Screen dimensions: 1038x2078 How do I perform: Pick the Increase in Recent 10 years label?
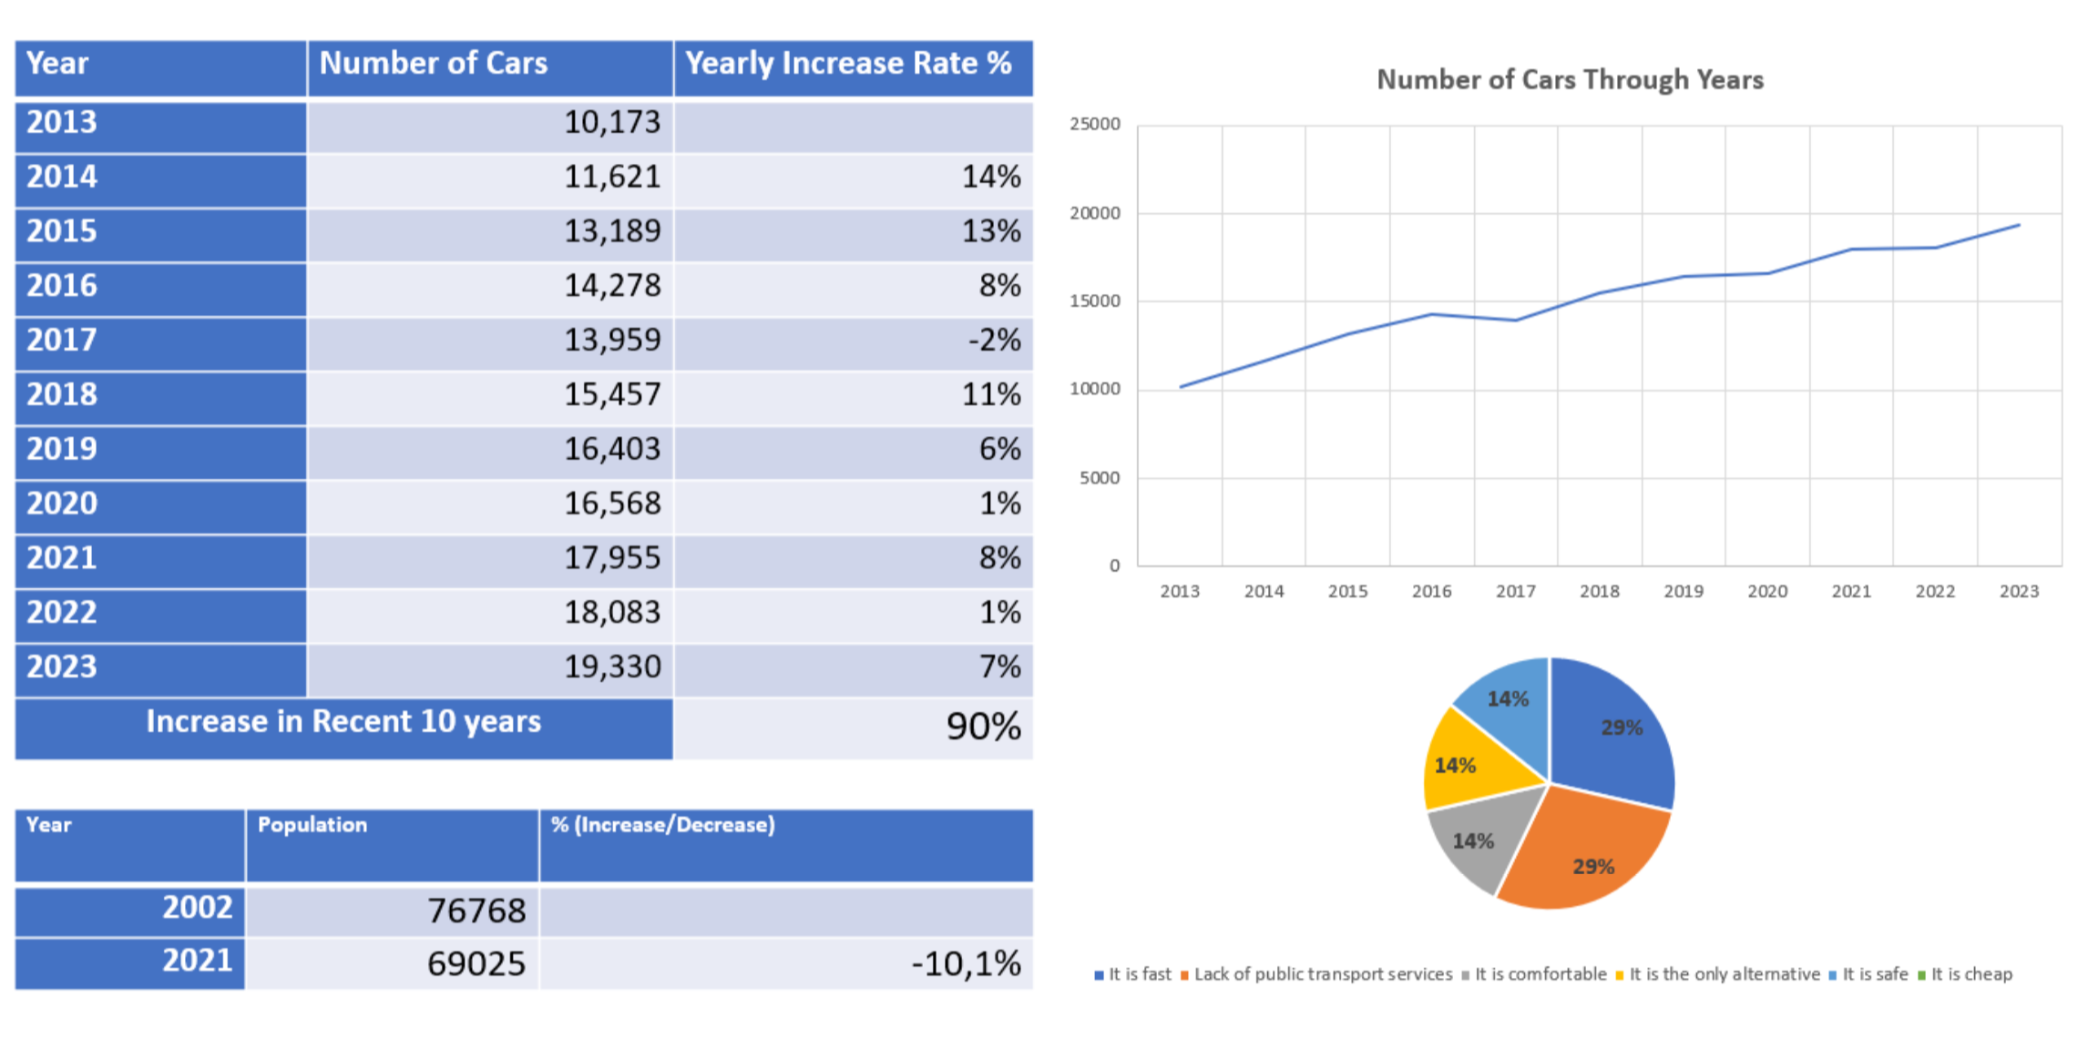click(x=343, y=722)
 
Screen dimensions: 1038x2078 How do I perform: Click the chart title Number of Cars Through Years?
click(x=1570, y=80)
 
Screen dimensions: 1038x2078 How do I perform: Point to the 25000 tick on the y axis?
click(x=1095, y=125)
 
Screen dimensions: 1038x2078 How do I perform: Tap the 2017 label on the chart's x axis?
click(x=1515, y=592)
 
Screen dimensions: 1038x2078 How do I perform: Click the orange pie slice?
click(x=1590, y=856)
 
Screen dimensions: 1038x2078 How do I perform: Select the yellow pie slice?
click(x=1462, y=763)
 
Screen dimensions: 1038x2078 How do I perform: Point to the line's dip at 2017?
click(x=1515, y=321)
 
